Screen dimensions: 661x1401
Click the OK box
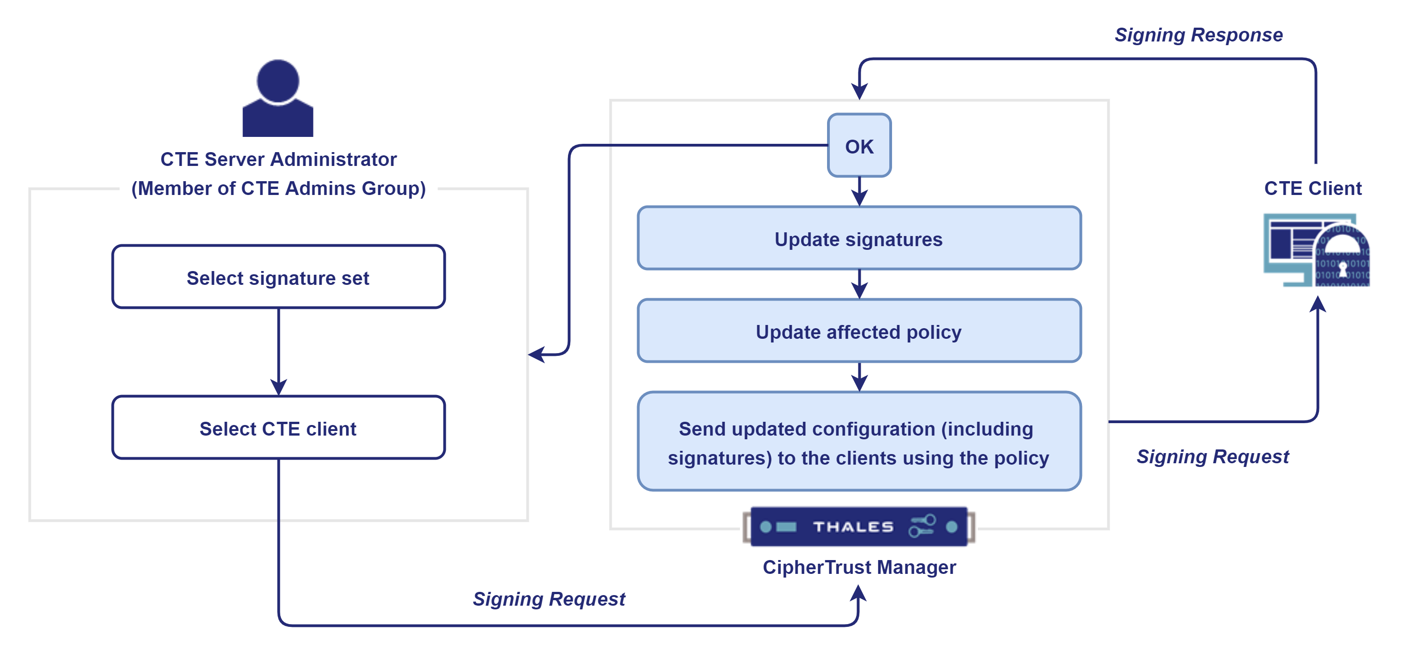pos(859,146)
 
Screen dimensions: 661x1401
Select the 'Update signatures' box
pos(859,239)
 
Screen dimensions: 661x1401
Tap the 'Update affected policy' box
pos(859,331)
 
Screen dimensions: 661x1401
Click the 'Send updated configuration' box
pos(859,442)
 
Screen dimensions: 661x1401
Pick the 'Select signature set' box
pos(278,277)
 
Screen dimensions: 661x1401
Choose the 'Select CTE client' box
pos(278,428)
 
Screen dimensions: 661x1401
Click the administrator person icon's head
pos(278,81)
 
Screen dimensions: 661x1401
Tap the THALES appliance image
pos(859,526)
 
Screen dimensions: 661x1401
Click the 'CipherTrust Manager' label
pos(859,567)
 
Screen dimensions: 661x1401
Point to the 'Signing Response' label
pos(1199,35)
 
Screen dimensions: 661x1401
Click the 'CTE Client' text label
pos(1312,188)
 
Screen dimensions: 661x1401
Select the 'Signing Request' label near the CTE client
pos(1212,457)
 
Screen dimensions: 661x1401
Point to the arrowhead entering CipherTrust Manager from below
pos(858,593)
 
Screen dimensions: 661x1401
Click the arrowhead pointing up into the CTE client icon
pos(1317,304)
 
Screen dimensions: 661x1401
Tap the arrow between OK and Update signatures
pos(859,191)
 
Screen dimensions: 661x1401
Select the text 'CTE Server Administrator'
pos(278,159)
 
